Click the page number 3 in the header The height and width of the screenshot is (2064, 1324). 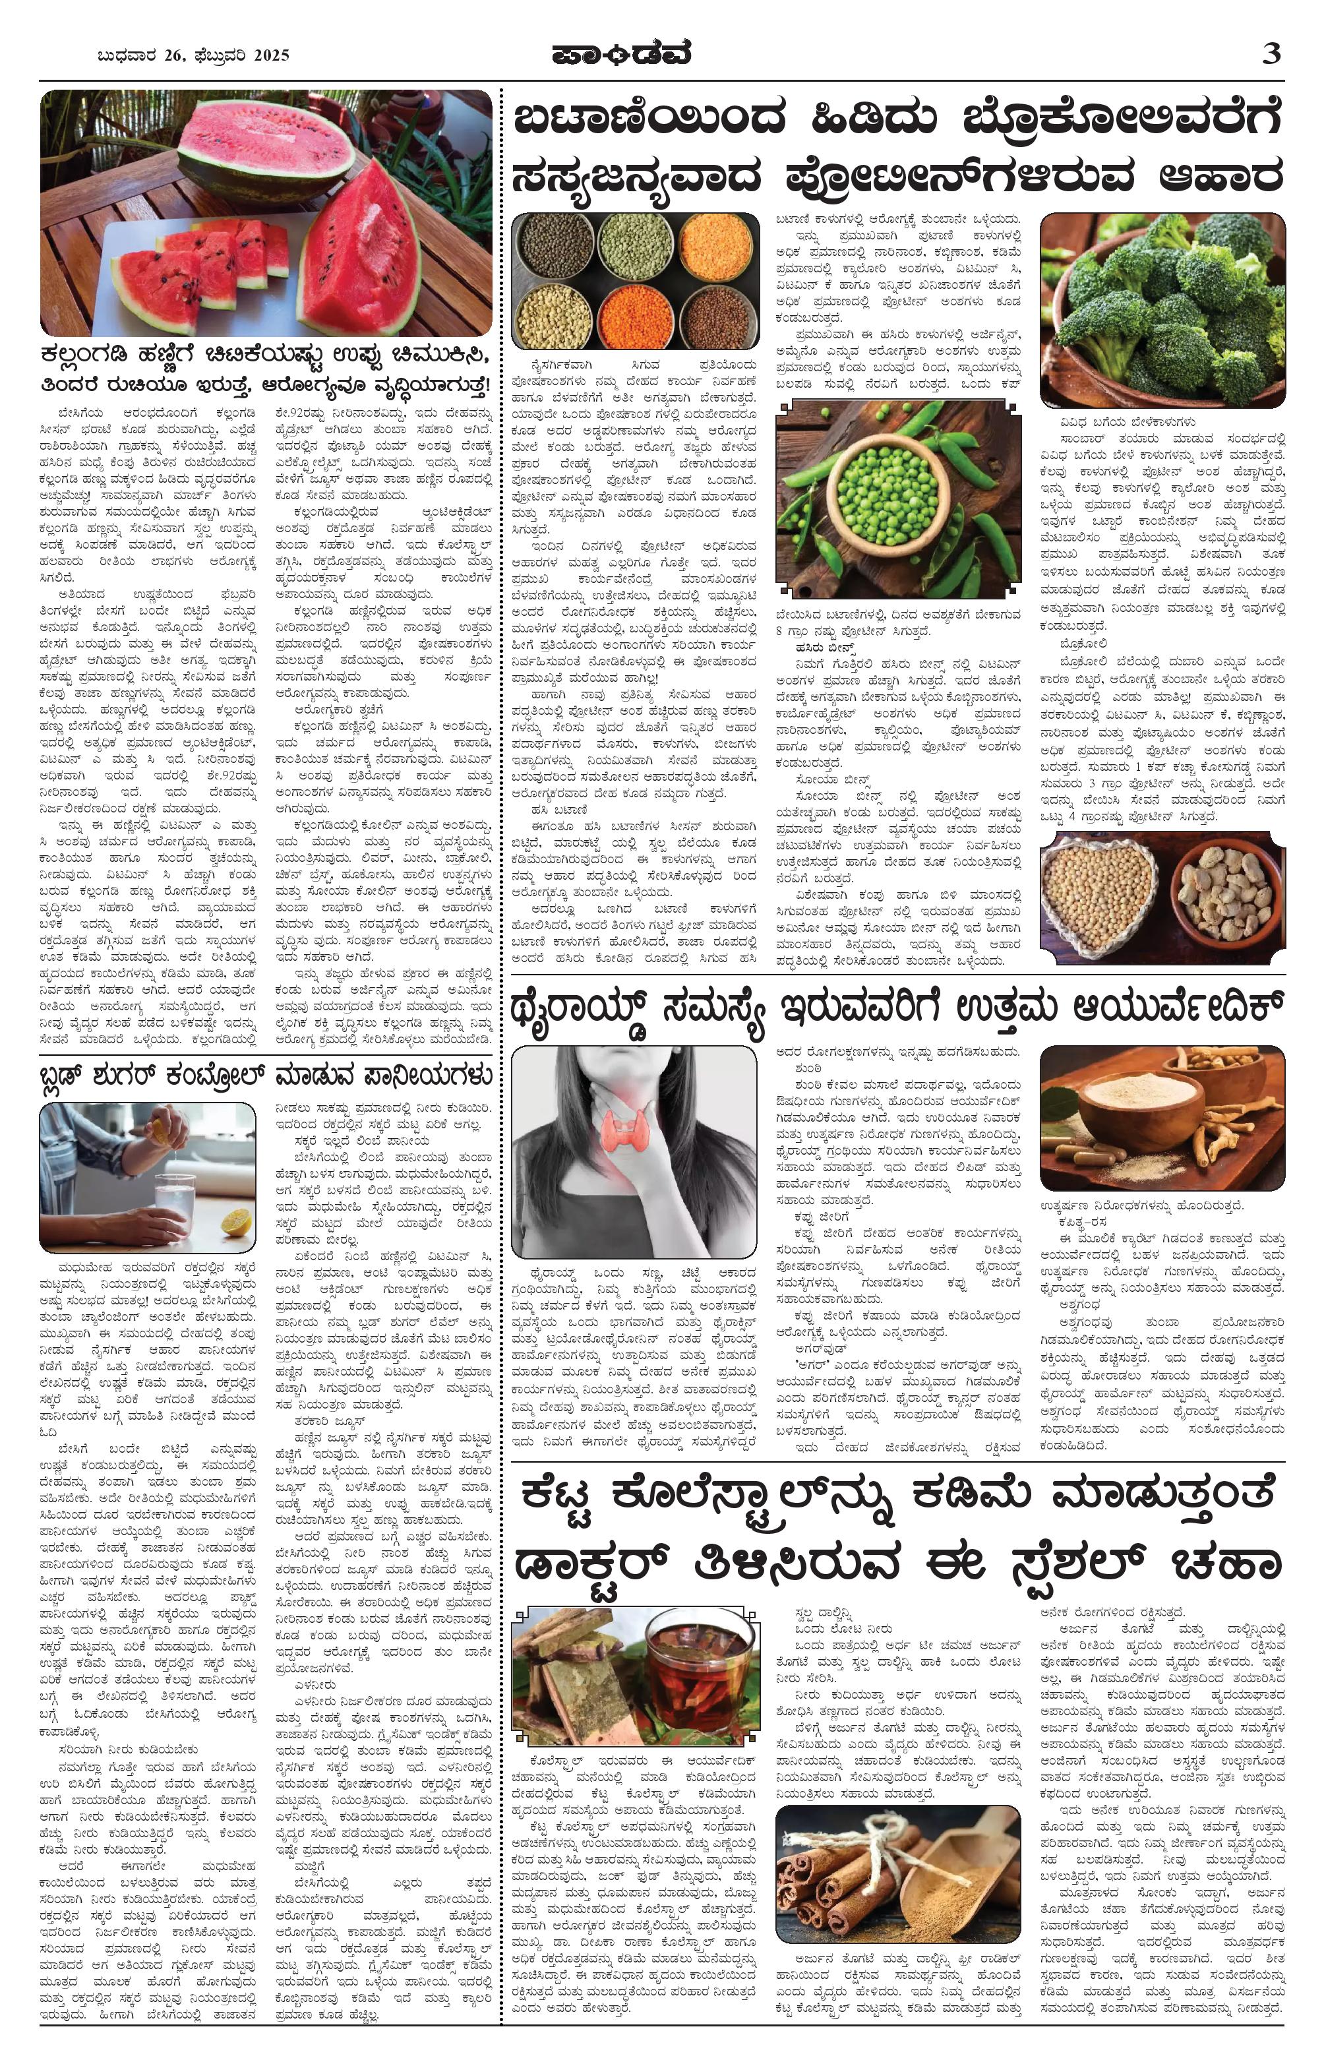coord(1271,54)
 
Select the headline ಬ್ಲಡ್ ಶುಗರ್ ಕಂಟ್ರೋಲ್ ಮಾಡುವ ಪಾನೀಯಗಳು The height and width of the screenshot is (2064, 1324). coord(266,1076)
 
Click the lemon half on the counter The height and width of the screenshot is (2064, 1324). coord(232,1220)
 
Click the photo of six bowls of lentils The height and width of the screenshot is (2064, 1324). coord(636,281)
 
